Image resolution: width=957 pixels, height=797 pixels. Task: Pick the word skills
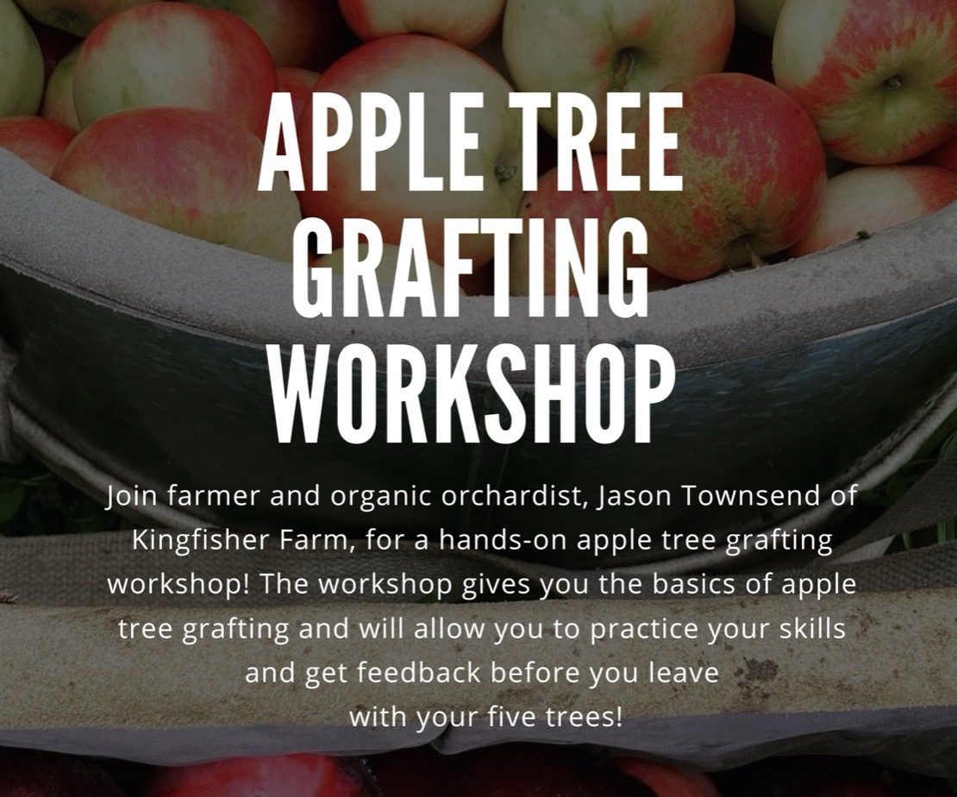[x=810, y=628]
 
